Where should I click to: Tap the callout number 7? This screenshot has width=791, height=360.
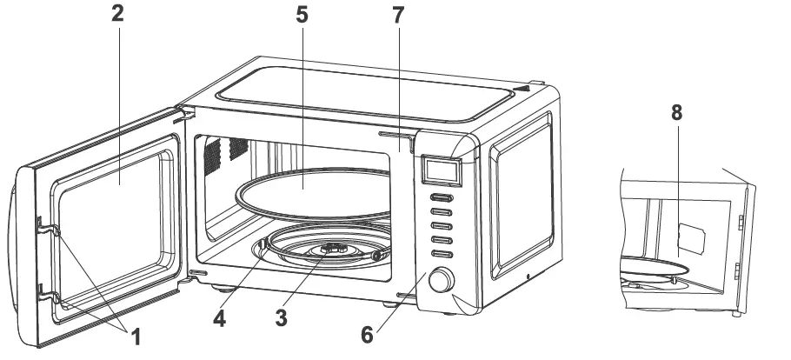pos(398,16)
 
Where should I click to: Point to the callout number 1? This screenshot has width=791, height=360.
pos(136,335)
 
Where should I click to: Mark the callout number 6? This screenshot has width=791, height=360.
pos(369,333)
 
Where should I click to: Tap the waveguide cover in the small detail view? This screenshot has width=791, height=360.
pos(693,237)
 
